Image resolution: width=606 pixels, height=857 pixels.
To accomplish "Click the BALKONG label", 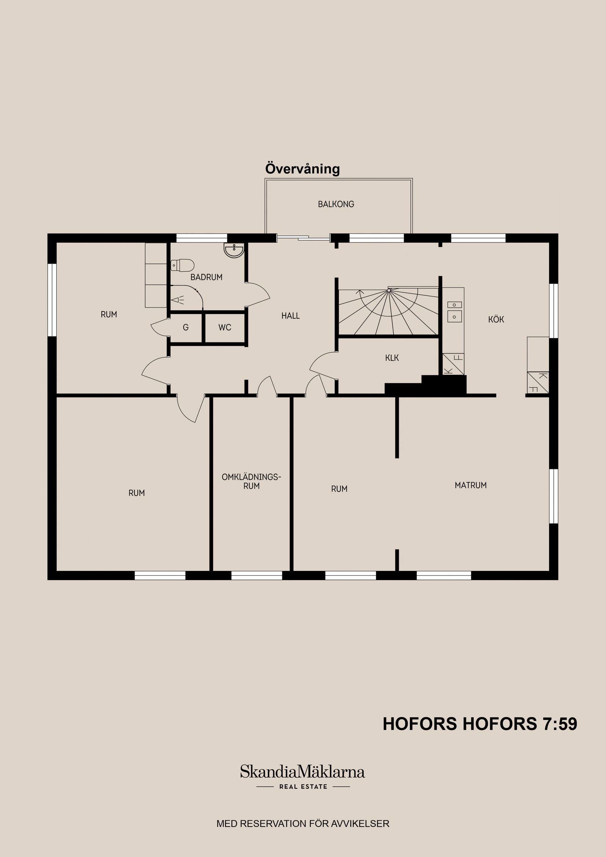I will pyautogui.click(x=336, y=204).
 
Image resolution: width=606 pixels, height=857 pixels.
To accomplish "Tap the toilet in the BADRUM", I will pyautogui.click(x=182, y=265).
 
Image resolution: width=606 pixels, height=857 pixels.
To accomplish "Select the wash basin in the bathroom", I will pyautogui.click(x=234, y=250).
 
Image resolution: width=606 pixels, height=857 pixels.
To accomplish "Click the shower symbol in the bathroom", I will pyautogui.click(x=178, y=299).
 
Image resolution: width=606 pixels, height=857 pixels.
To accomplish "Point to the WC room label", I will pyautogui.click(x=225, y=328).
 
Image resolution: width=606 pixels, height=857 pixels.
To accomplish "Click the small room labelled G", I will pyautogui.click(x=185, y=328).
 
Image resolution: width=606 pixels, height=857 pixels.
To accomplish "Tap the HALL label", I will pyautogui.click(x=291, y=316).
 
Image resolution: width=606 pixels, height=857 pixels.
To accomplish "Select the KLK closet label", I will pyautogui.click(x=392, y=358).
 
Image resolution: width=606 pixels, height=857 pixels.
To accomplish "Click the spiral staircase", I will pyautogui.click(x=388, y=312).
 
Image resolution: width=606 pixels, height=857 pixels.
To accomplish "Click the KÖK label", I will pyautogui.click(x=496, y=319).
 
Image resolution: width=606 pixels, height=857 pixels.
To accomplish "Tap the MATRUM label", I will pyautogui.click(x=470, y=485).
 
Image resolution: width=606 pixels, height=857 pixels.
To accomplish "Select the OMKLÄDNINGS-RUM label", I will pyautogui.click(x=251, y=481).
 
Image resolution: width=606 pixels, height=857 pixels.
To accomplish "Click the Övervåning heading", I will pyautogui.click(x=302, y=169).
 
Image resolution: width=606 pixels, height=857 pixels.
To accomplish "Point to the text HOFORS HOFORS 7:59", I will pyautogui.click(x=480, y=724).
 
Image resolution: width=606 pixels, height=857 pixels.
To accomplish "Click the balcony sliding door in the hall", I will pyautogui.click(x=303, y=236).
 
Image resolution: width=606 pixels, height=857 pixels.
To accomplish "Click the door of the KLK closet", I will pyautogui.click(x=322, y=364).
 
